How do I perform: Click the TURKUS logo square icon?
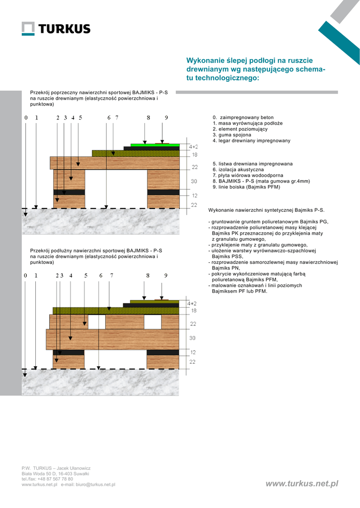click(x=28, y=29)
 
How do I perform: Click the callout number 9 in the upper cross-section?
click(x=166, y=118)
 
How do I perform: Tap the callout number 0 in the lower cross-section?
click(x=25, y=275)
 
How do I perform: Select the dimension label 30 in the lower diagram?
click(x=193, y=338)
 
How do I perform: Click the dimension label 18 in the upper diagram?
click(x=194, y=155)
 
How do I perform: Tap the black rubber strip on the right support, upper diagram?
click(x=163, y=192)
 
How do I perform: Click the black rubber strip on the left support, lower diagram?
click(x=68, y=352)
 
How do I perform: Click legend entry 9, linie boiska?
click(x=246, y=187)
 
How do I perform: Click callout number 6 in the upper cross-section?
click(x=109, y=118)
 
